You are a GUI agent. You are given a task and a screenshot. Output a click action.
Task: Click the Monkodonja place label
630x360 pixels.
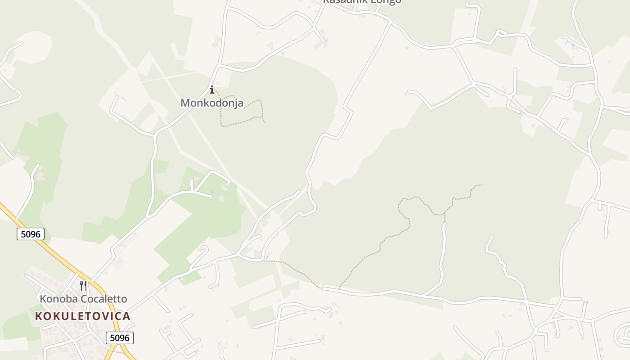pyautogui.click(x=211, y=103)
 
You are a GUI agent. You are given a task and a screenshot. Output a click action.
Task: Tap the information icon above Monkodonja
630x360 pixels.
pyautogui.click(x=212, y=90)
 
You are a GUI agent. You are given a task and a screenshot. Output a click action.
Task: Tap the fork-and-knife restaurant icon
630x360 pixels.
pyautogui.click(x=83, y=286)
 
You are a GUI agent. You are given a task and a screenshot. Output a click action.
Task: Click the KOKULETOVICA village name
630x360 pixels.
pyautogui.click(x=83, y=316)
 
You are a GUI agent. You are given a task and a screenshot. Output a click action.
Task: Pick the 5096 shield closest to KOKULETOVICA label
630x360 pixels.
pyautogui.click(x=120, y=338)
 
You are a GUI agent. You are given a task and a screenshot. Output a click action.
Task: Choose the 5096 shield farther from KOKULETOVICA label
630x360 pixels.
pyautogui.click(x=31, y=234)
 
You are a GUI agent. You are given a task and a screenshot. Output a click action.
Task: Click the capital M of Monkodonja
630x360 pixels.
pyautogui.click(x=185, y=103)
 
